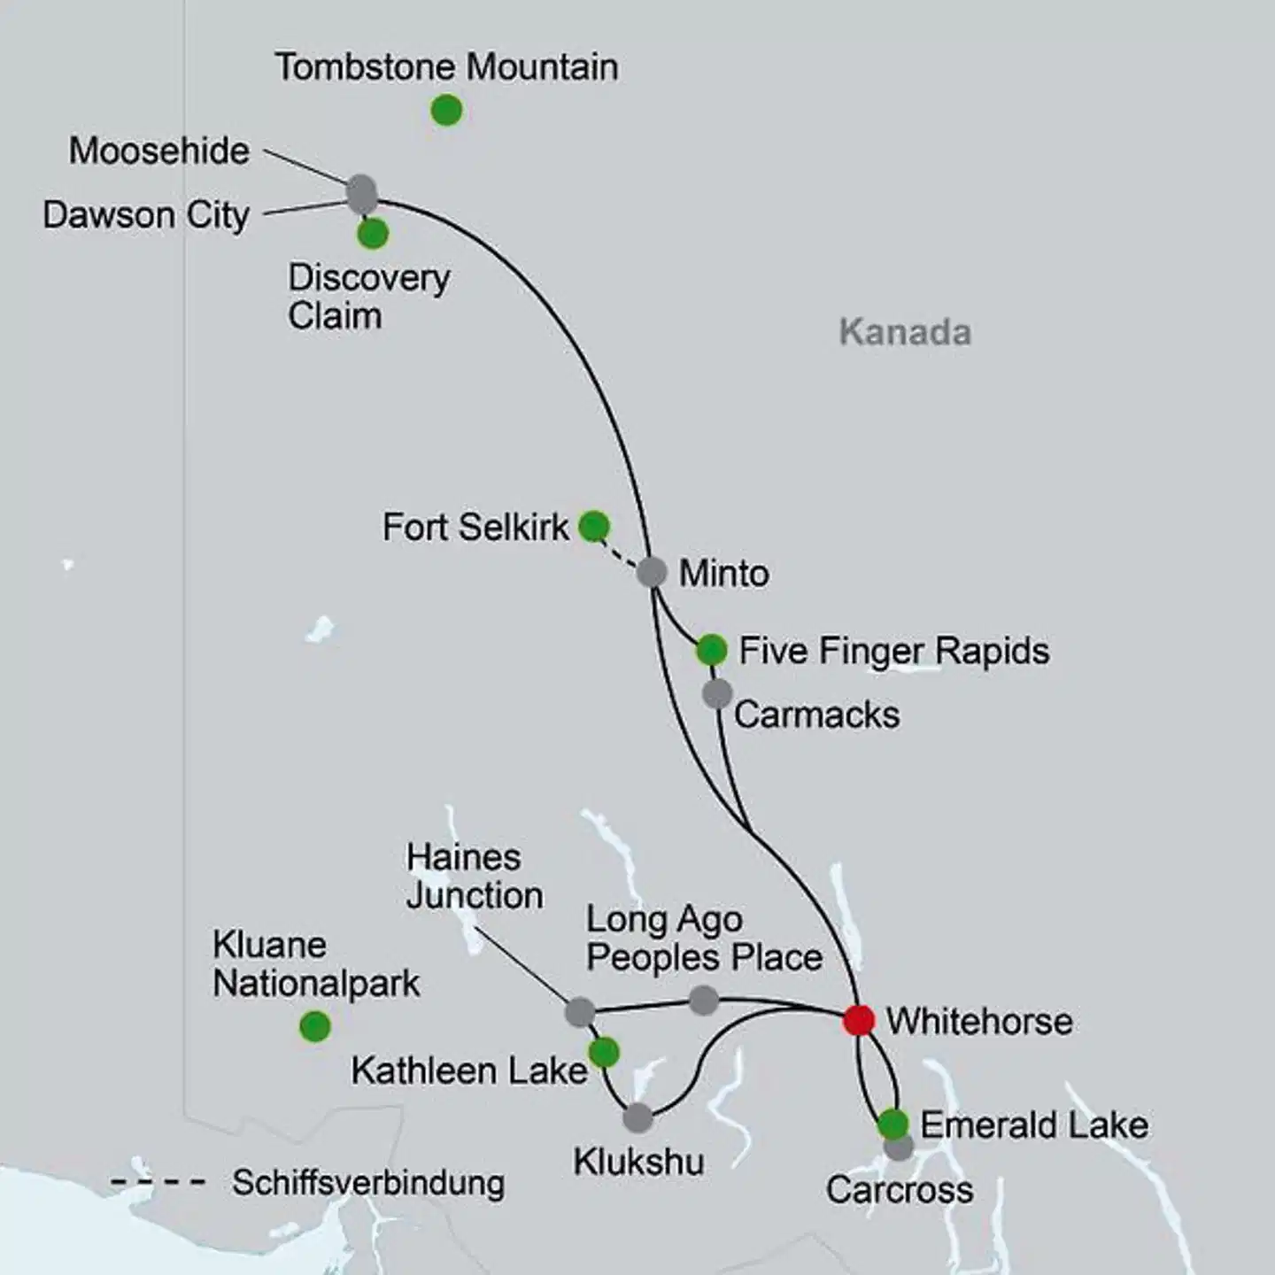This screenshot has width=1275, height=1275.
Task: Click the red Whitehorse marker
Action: click(858, 1020)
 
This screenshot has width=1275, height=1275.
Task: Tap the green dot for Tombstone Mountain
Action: click(446, 111)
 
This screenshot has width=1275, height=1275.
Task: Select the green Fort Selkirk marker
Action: click(594, 526)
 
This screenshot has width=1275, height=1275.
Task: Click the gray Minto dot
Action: click(652, 572)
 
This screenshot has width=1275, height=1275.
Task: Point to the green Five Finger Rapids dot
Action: click(711, 650)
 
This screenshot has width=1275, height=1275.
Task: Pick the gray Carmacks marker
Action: click(717, 693)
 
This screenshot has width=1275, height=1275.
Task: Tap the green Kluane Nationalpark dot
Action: click(315, 1026)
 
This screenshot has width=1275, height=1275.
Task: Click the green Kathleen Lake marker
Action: click(604, 1053)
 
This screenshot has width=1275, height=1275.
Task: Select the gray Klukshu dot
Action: click(637, 1117)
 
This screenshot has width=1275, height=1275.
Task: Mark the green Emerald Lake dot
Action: click(892, 1124)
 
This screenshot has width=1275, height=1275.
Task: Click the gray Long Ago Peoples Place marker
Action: click(703, 1001)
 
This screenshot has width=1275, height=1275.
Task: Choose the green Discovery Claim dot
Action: click(373, 234)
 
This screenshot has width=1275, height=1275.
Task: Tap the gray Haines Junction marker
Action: click(580, 1011)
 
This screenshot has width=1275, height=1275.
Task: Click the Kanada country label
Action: click(905, 333)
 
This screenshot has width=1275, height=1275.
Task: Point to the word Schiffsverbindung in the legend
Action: click(368, 1183)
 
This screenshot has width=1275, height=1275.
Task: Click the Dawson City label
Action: click(146, 215)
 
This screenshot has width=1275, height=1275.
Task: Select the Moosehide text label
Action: click(159, 151)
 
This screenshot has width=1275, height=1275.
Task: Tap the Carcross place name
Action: click(900, 1190)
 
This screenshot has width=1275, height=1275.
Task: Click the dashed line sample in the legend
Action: click(158, 1182)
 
